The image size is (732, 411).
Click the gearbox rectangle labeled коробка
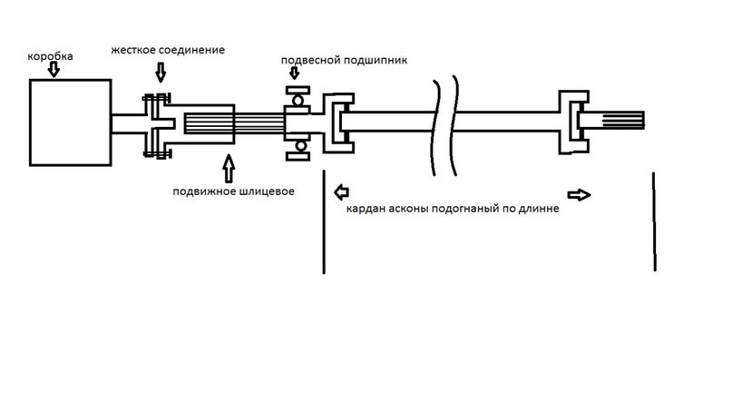click(70, 122)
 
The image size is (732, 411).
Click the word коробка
click(50, 56)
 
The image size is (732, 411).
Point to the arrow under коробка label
click(54, 70)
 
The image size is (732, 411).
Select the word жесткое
click(133, 50)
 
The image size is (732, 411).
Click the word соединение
click(192, 50)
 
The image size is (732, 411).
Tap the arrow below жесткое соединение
click(161, 73)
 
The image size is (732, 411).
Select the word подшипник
click(375, 61)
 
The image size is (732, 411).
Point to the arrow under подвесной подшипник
click(294, 73)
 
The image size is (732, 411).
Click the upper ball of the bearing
click(298, 101)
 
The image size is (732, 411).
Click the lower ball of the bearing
click(300, 146)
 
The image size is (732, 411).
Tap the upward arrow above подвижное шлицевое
click(229, 169)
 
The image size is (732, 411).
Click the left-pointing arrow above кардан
click(341, 191)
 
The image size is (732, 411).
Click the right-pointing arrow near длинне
click(579, 195)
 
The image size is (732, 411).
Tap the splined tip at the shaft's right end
click(624, 121)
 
